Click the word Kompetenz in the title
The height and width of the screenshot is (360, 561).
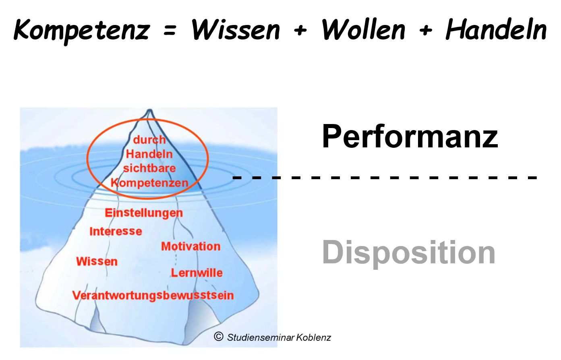82,30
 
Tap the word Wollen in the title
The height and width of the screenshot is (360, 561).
363,30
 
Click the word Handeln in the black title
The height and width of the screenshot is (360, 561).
496,30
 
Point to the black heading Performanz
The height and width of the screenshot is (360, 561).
410,136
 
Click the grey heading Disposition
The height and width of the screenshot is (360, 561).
409,252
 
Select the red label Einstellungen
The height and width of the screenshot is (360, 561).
144,213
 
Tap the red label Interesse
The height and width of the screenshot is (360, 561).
116,231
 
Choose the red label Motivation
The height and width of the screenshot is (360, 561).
191,246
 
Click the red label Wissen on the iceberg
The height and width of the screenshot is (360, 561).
97,261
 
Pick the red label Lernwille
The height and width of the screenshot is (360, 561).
197,273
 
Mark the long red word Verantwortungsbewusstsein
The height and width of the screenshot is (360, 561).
153,295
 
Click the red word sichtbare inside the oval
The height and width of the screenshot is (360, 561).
149,168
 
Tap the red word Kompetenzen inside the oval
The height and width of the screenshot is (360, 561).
149,183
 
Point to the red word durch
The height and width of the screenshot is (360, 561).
149,140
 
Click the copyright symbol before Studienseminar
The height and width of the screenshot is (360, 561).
218,337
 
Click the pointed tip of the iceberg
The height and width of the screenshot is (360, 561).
150,110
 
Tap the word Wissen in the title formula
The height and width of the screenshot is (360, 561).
236,30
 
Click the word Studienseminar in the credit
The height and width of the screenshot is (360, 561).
261,337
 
